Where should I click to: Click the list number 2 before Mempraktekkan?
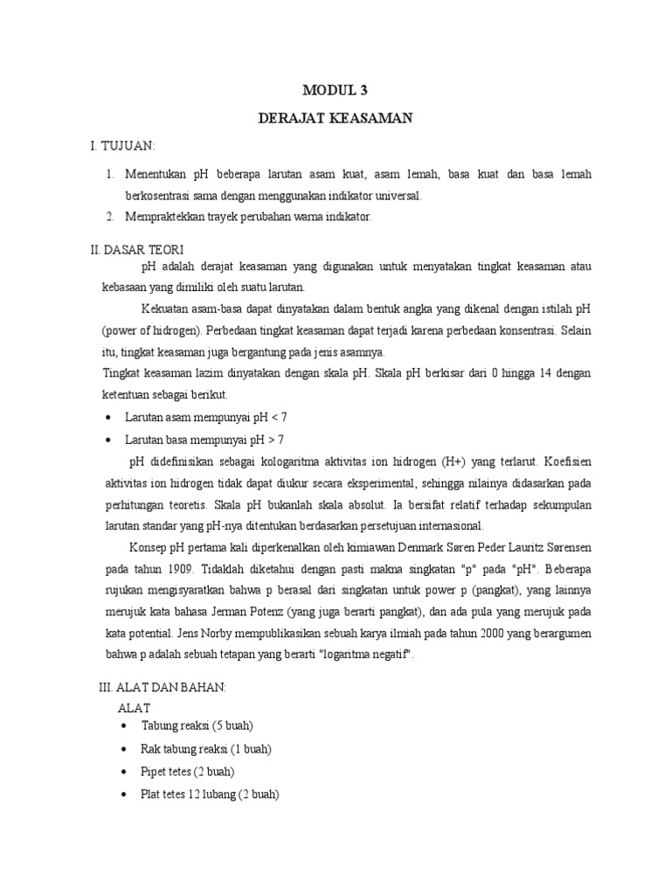tap(110, 217)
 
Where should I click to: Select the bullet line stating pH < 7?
tap(204, 417)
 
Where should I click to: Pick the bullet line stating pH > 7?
tap(204, 439)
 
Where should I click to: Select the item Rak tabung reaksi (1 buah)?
tap(205, 749)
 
